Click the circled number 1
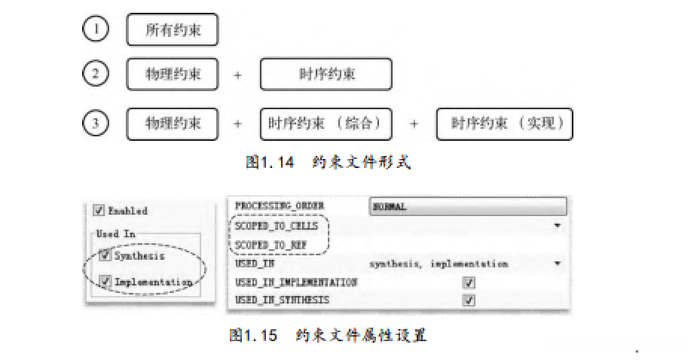[x=95, y=29]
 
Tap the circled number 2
[x=95, y=74]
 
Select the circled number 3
[x=95, y=124]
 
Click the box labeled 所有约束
[x=173, y=30]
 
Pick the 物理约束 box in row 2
[x=173, y=74]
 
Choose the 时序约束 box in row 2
[x=326, y=74]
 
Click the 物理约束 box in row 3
[x=173, y=124]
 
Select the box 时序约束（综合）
[x=326, y=124]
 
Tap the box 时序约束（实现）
[x=505, y=124]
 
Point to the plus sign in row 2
[x=238, y=75]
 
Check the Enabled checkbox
[x=99, y=211]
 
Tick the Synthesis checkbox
[x=105, y=255]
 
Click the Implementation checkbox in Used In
[x=105, y=282]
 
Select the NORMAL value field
[x=468, y=206]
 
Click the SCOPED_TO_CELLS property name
[x=277, y=225]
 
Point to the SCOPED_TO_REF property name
[x=271, y=245]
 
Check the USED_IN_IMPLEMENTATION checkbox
[x=469, y=282]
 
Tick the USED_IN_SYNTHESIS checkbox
[x=469, y=300]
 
